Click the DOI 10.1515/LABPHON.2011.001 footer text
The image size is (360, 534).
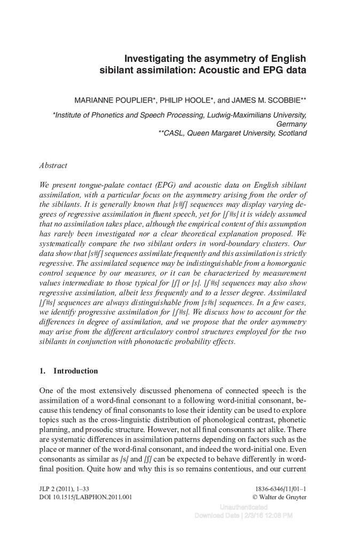[85, 497]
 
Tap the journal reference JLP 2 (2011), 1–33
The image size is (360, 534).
[68, 488]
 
